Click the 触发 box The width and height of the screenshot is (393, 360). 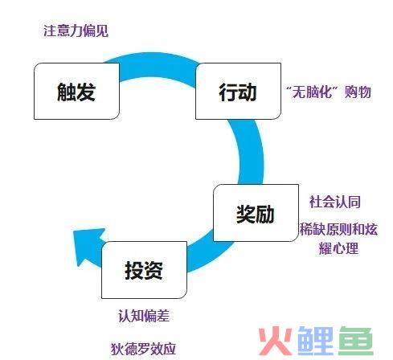click(x=76, y=91)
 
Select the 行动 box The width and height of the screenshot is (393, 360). click(x=238, y=91)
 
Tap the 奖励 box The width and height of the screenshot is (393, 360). click(x=256, y=213)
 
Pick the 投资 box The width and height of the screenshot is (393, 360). click(x=144, y=270)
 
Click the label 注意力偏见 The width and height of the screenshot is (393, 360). click(x=76, y=31)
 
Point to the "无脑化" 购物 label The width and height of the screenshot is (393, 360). click(x=329, y=92)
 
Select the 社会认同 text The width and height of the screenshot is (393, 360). click(x=335, y=202)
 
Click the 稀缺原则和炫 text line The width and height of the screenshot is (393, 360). click(x=338, y=229)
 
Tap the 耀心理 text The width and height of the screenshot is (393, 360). click(x=338, y=248)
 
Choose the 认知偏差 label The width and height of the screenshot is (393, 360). click(x=144, y=316)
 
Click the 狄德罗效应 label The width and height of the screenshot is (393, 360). click(x=143, y=349)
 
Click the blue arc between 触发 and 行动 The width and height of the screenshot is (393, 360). click(x=158, y=65)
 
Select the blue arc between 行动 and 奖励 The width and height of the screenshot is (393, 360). click(x=252, y=153)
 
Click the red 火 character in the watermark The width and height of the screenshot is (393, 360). click(x=276, y=342)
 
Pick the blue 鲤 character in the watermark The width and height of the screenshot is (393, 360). click(x=316, y=342)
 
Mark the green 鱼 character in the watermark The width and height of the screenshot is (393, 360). click(x=356, y=342)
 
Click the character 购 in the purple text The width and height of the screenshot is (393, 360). click(x=351, y=92)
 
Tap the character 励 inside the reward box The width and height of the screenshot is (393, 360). click(x=265, y=215)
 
